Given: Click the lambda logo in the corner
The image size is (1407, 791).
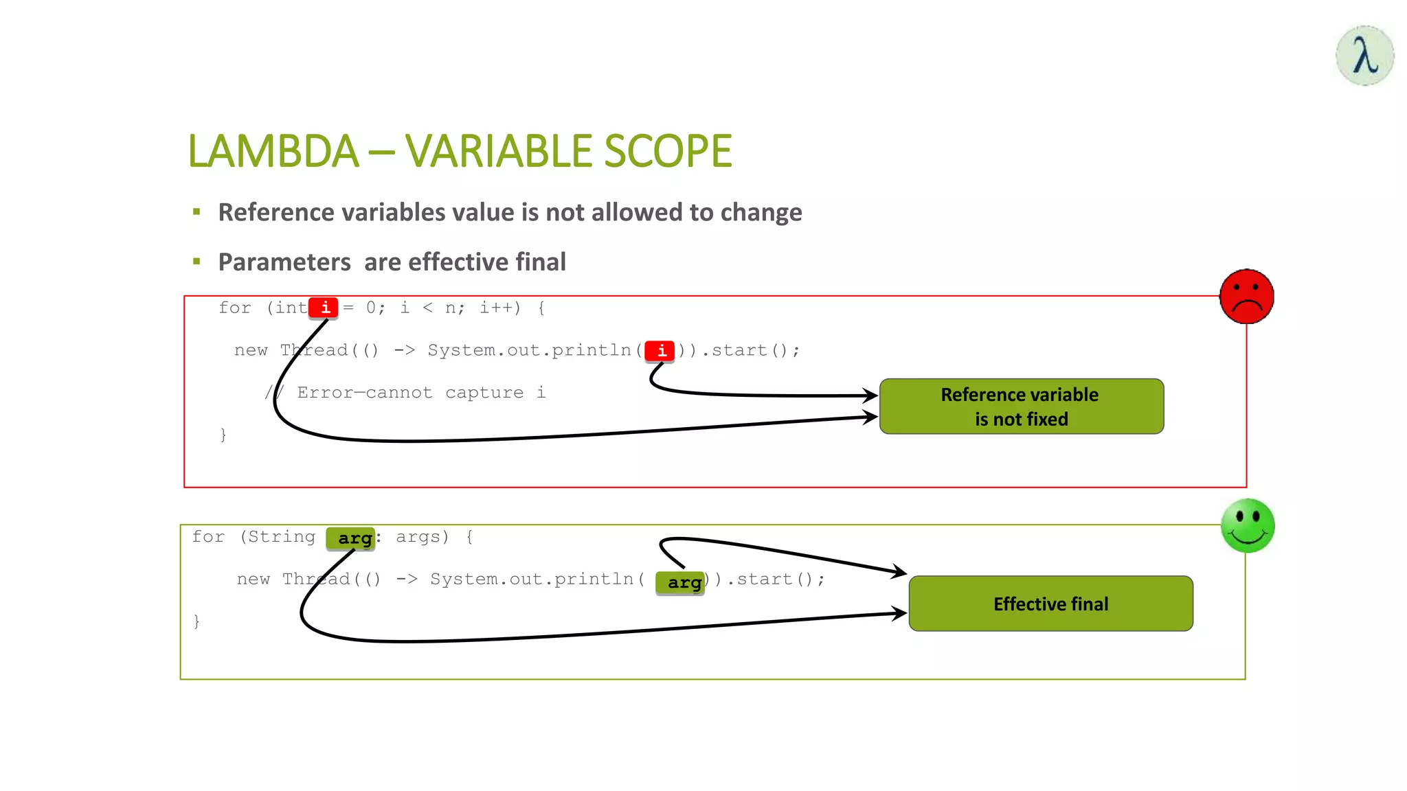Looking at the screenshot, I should [1364, 56].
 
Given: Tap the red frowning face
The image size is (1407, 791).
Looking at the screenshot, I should [1246, 297].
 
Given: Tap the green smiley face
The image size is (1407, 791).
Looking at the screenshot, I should [1248, 526].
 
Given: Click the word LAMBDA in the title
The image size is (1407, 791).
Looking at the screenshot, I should [273, 151].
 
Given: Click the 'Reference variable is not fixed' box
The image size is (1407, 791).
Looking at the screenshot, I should [1021, 406].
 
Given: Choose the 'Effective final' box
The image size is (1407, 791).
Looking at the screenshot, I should [1050, 604].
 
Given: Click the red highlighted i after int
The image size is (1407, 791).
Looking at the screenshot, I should [324, 308].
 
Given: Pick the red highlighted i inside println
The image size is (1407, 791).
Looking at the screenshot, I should [660, 351].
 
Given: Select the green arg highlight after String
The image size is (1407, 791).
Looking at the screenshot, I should [352, 538].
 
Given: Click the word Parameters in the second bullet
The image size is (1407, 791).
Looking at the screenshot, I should [284, 262].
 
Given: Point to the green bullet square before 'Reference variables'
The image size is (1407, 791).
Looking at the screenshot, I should [197, 212].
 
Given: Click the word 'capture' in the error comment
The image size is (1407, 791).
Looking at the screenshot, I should [484, 393].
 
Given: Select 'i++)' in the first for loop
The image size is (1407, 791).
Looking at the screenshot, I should [499, 308].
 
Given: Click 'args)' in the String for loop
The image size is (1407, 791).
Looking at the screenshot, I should [422, 537].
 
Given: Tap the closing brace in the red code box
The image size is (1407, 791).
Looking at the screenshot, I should [223, 435].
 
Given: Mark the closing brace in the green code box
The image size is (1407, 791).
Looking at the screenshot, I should [196, 621].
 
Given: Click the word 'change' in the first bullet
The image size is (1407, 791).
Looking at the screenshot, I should [761, 213].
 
